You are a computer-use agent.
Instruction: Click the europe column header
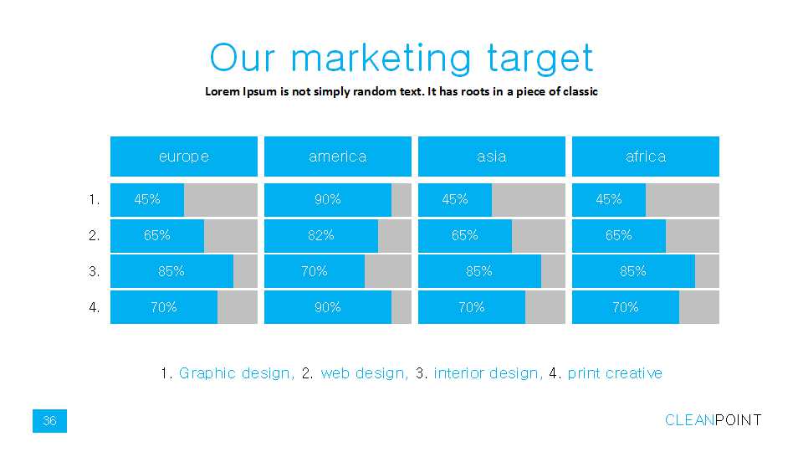(x=184, y=157)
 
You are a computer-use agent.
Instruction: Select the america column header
(x=337, y=157)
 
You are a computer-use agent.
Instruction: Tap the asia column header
(x=492, y=157)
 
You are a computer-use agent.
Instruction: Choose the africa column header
(x=645, y=157)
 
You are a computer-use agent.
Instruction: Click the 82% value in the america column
(x=321, y=235)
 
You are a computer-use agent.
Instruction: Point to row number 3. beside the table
(x=95, y=271)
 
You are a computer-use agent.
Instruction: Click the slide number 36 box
(x=49, y=421)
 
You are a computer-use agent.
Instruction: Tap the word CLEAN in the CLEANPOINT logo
(x=689, y=420)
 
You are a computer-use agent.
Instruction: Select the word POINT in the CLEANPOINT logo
(x=738, y=420)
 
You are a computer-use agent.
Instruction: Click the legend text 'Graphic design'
(x=237, y=373)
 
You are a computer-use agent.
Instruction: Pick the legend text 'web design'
(x=364, y=373)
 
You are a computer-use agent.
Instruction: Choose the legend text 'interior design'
(x=488, y=373)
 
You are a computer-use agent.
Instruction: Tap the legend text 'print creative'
(x=615, y=373)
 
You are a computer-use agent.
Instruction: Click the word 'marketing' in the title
(x=381, y=58)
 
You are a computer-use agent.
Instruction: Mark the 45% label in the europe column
(x=147, y=199)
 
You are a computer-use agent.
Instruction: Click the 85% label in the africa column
(x=633, y=271)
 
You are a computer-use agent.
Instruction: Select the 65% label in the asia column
(x=464, y=235)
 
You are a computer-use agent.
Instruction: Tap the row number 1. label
(x=95, y=199)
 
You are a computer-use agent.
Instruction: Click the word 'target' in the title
(x=540, y=58)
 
